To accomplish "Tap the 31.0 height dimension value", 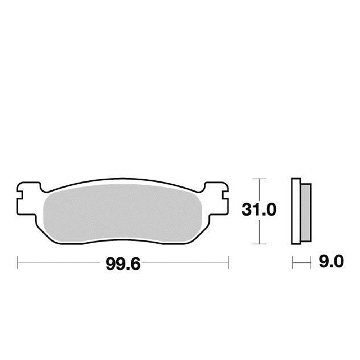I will point(258,210).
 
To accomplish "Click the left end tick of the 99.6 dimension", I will point(18,262).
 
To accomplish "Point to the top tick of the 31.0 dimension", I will point(259,179).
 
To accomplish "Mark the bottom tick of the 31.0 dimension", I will point(259,244).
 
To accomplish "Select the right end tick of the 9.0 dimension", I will point(311,262).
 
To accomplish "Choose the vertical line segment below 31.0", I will point(259,232).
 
